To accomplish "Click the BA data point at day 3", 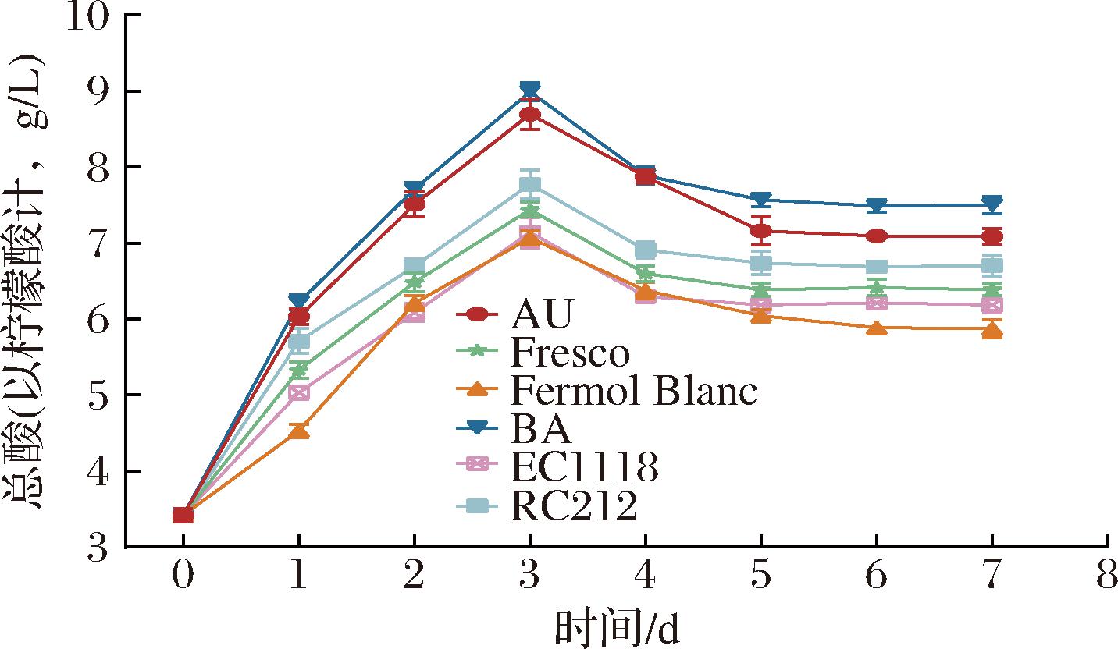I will [x=529, y=90].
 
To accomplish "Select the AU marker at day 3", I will [x=529, y=116].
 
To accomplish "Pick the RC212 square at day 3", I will [x=529, y=185].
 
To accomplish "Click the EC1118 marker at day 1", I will [x=298, y=392].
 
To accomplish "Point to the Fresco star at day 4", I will [x=645, y=273].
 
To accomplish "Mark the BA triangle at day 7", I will [x=992, y=204].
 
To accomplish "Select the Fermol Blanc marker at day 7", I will [x=992, y=332].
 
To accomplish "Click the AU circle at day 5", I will [x=760, y=231].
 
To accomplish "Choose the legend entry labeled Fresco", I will [x=569, y=353].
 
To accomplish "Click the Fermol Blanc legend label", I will [x=633, y=391].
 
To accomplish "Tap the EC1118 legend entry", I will [x=583, y=466].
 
